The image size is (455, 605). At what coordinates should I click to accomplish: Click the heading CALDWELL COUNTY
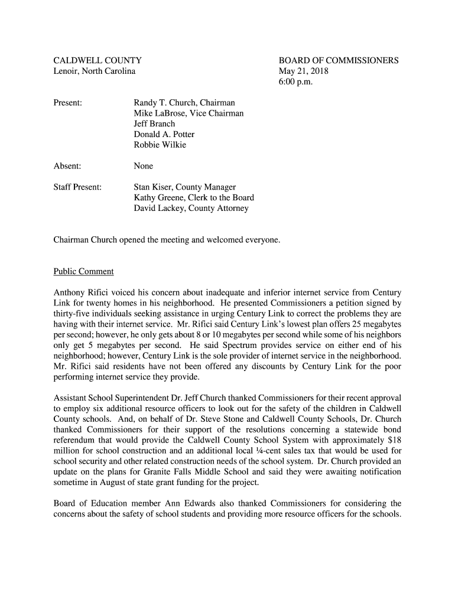[x=97, y=60]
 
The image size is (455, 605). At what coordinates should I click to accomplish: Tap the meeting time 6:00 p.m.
[x=295, y=82]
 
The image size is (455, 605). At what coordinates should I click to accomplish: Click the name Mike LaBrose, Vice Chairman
[x=188, y=113]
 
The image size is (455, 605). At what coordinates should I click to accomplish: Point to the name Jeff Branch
[x=154, y=124]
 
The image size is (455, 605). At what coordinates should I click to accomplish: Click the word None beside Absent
[x=143, y=166]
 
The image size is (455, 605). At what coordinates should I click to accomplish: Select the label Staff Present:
[x=77, y=187]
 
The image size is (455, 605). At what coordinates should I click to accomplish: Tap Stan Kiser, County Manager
[x=184, y=187]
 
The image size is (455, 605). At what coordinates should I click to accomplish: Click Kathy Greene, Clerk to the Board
[x=194, y=198]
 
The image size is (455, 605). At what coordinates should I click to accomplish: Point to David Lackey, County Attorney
[x=191, y=209]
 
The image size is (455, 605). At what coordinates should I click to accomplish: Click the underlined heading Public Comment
[x=83, y=272]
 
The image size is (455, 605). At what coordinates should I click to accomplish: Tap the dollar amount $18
[x=394, y=440]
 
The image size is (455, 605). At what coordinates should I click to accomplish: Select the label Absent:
[x=67, y=166]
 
